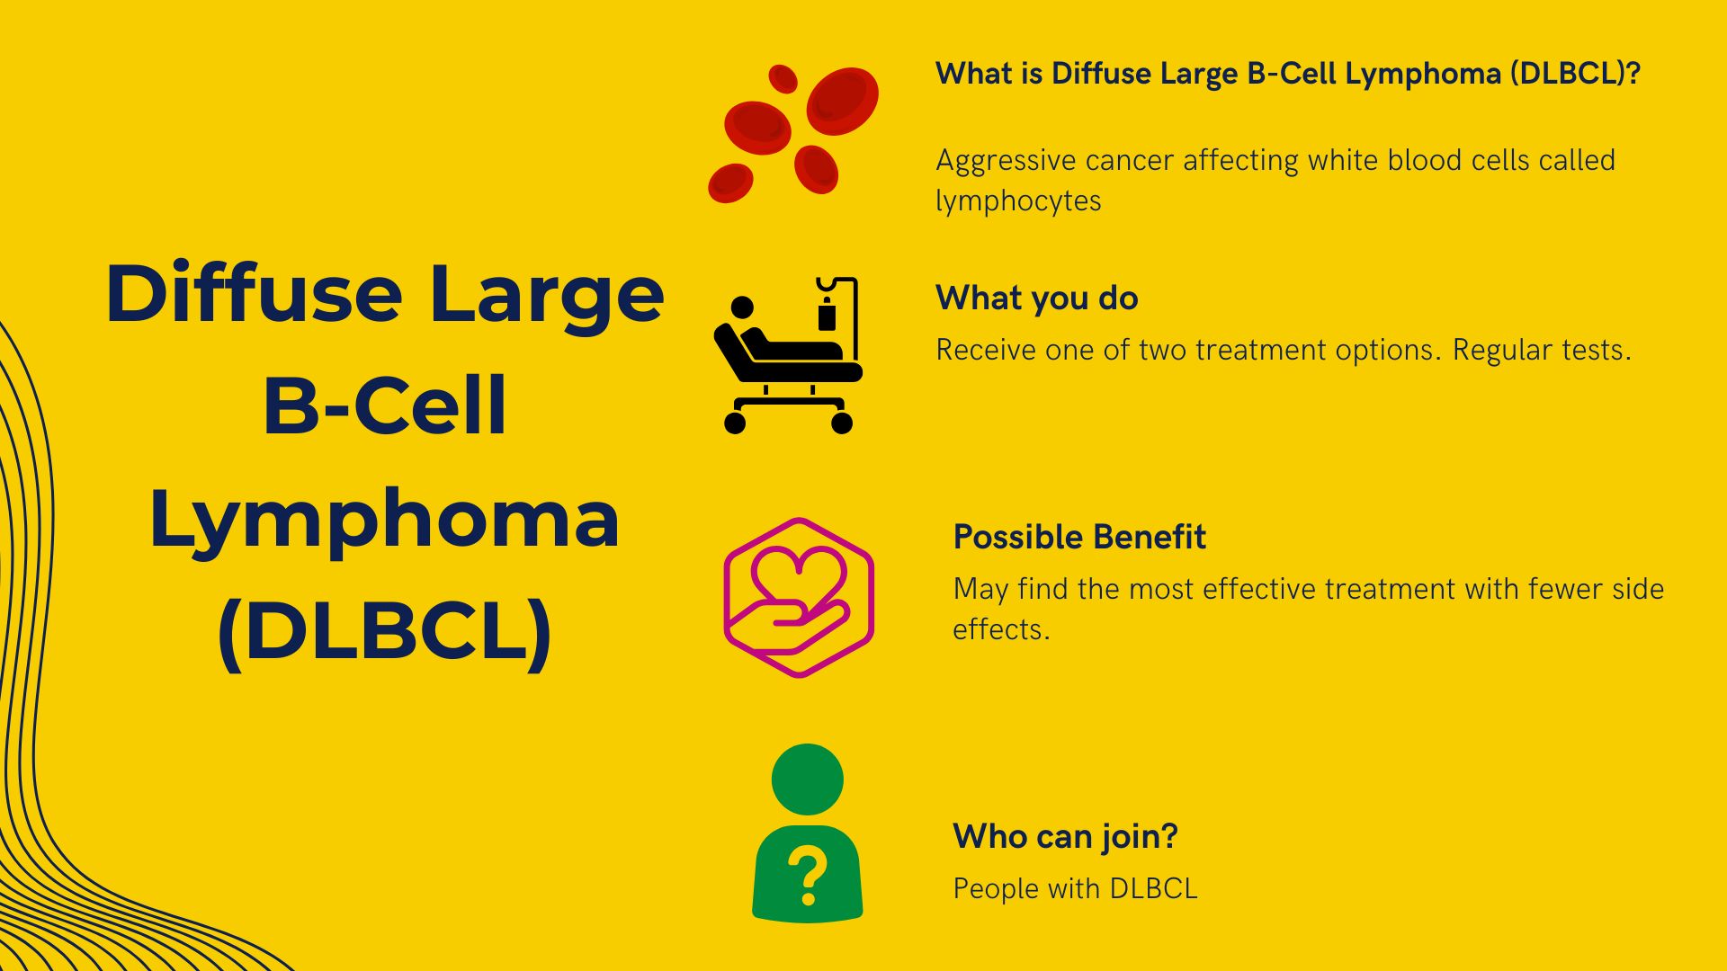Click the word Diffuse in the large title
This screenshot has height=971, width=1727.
(x=254, y=295)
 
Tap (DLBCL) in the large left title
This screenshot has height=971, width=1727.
(x=385, y=631)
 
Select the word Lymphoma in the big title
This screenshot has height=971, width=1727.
(x=385, y=520)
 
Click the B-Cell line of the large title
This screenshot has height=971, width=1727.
(x=385, y=406)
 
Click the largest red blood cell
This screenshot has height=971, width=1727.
(x=842, y=101)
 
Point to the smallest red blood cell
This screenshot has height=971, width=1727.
(x=783, y=79)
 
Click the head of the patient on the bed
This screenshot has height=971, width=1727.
(x=742, y=307)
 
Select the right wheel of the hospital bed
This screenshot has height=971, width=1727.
(x=842, y=423)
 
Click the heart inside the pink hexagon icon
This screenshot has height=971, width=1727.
(x=798, y=575)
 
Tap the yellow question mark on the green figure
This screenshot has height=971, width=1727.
(x=807, y=877)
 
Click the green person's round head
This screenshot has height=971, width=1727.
(x=807, y=779)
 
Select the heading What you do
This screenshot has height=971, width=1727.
(x=1036, y=298)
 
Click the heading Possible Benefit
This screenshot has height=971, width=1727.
(x=1078, y=538)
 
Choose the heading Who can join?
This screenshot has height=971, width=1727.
(x=1065, y=837)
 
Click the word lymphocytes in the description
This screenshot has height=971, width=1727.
(x=1018, y=201)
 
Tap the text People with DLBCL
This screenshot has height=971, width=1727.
(x=1075, y=889)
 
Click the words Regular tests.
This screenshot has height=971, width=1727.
(x=1541, y=351)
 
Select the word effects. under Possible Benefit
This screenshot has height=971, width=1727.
(x=1000, y=629)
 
